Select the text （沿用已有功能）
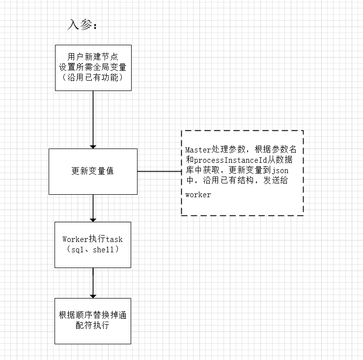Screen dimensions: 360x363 93,77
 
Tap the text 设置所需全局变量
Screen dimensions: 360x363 93,67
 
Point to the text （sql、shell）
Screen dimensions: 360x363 93,250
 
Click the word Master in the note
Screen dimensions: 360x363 198,150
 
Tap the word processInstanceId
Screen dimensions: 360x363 228,160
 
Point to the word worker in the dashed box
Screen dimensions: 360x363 198,195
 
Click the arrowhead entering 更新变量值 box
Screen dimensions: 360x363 93,146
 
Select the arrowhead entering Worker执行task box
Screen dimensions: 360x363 93,219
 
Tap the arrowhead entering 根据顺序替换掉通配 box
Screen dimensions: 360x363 93,295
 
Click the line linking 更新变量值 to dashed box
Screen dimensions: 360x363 159,171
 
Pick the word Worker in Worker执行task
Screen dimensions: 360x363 75,240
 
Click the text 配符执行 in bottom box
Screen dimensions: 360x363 93,326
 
